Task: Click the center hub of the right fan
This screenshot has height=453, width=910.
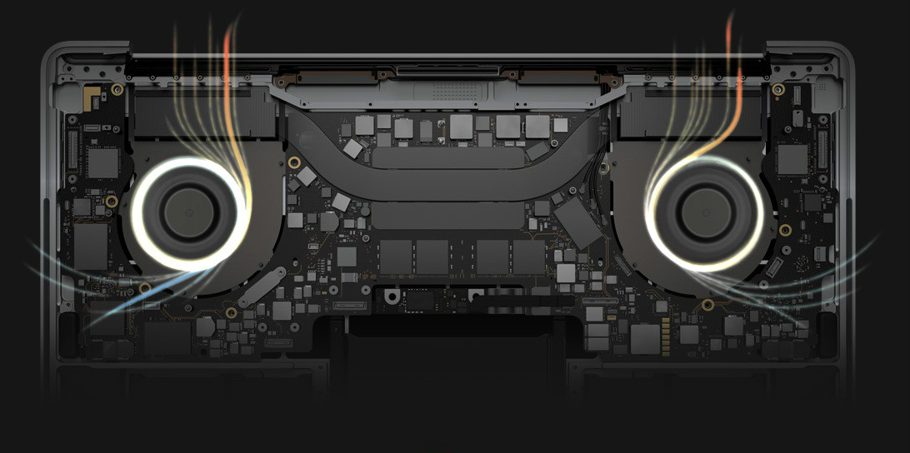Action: pyautogui.click(x=704, y=212)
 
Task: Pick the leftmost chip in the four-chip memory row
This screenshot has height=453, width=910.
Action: pyautogui.click(x=394, y=256)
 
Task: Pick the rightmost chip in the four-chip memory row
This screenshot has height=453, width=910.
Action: pyautogui.click(x=528, y=256)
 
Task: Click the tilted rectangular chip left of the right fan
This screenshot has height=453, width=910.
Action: pyautogui.click(x=577, y=223)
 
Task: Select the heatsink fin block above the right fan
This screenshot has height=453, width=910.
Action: pyautogui.click(x=695, y=112)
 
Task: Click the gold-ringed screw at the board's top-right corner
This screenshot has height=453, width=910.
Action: pyautogui.click(x=777, y=90)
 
